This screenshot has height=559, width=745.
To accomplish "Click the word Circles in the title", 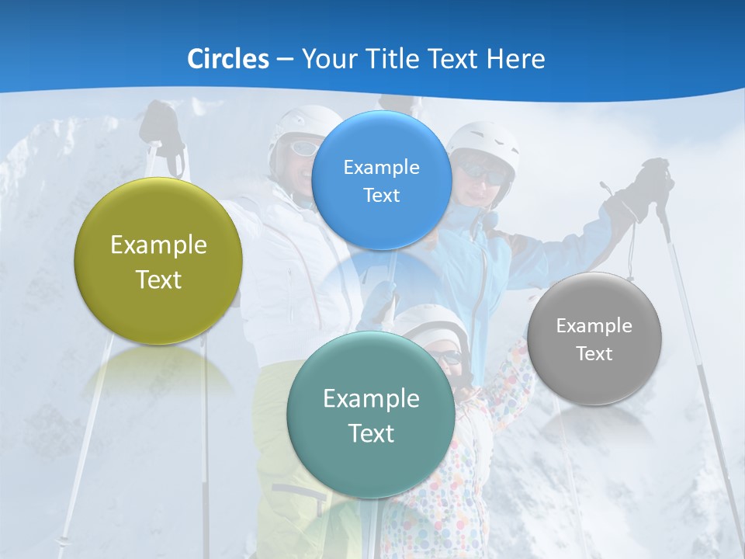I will coord(227,59).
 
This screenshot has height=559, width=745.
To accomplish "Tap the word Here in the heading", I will coord(516,59).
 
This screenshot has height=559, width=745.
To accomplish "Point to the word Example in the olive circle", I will coord(158,245).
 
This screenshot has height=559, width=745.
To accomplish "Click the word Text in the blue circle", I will coord(382,196).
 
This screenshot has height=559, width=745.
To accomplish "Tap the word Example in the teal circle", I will coord(371,399).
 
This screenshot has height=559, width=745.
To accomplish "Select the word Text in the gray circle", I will coord(594,354).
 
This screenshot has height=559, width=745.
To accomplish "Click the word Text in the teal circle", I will coord(371,433).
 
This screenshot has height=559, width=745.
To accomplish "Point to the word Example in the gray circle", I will coord(594,326).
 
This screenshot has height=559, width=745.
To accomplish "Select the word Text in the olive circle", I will coord(158,279).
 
